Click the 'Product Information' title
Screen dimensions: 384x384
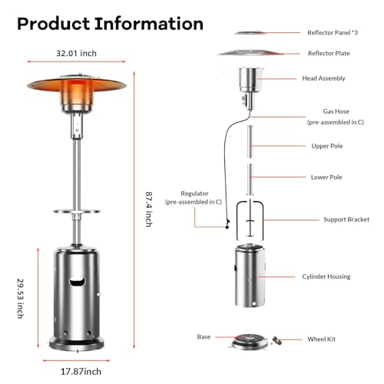pos(110,24)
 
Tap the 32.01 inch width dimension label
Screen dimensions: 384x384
pos(76,53)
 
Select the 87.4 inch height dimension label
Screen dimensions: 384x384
pos(149,209)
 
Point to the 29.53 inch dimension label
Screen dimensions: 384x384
pos(21,299)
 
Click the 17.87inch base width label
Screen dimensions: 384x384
pos(81,372)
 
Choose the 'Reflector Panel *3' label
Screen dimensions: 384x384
pos(333,32)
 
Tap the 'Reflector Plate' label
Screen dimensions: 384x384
pos(329,53)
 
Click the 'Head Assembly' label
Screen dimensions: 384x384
pos(323,78)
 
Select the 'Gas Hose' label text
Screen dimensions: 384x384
pos(336,111)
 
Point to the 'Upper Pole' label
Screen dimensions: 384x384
pos(327,146)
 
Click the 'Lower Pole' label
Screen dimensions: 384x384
pos(326,177)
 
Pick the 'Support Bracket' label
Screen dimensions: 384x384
pos(346,220)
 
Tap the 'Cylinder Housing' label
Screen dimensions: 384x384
pos(326,276)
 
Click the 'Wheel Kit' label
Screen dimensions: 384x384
pos(321,339)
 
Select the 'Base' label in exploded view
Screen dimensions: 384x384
pos(204,336)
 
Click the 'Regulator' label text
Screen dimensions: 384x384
pos(194,194)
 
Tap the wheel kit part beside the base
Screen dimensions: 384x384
pos(277,340)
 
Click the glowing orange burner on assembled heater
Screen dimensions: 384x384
pos(77,94)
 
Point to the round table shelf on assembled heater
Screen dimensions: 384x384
pos(77,211)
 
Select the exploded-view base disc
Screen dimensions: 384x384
pos(250,342)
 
